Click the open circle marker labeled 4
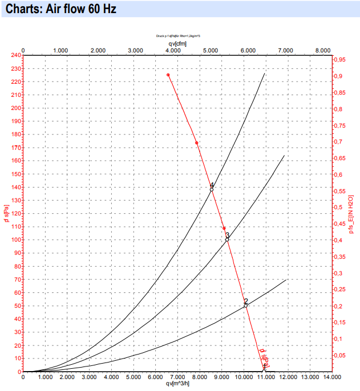[212, 189]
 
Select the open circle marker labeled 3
[227, 239]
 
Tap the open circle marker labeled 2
[246, 306]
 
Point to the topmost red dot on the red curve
[168, 75]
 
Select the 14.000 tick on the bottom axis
[331, 377]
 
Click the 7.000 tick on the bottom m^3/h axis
[177, 377]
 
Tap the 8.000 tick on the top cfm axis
[323, 50]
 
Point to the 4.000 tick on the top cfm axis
[173, 50]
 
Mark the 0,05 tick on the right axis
[341, 356]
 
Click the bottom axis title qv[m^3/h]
[177, 384]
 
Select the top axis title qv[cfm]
[177, 43]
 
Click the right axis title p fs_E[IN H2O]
[352, 214]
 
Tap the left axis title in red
[6, 214]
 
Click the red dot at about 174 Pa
[197, 143]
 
